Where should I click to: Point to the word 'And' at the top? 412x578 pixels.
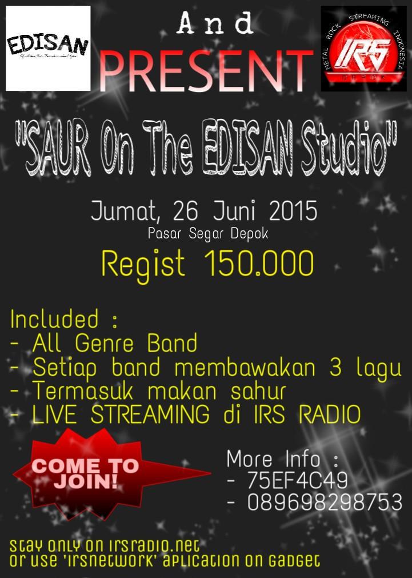tap(215, 24)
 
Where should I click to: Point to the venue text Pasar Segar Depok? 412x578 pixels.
tap(208, 233)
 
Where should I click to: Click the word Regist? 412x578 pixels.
tap(143, 265)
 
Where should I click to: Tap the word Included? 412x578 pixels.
tap(54, 319)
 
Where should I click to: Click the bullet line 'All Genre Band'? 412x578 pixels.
tap(114, 344)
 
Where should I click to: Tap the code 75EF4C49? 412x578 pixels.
tap(297, 481)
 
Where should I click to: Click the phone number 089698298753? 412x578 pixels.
tap(325, 503)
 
